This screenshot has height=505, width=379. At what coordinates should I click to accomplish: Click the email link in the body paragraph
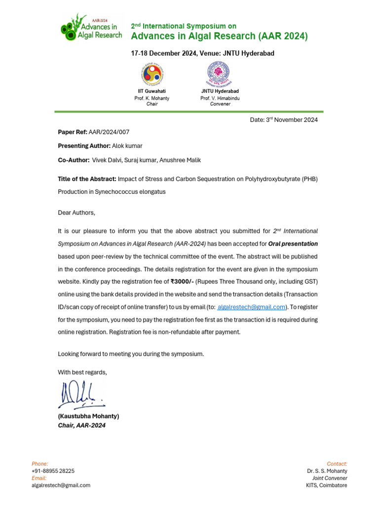252,307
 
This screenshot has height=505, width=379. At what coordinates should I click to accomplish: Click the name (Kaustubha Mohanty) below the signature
88,416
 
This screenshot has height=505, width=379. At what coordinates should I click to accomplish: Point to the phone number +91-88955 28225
53,471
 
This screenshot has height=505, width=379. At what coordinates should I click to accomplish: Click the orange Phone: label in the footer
40,464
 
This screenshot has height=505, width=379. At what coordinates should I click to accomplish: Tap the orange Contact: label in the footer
337,464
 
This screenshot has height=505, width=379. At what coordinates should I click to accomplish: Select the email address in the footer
61,485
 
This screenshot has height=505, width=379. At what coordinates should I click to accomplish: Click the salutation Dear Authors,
76,213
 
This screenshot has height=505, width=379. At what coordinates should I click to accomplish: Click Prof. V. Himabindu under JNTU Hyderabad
220,99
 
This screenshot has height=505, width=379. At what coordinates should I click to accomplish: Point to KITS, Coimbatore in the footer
326,485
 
